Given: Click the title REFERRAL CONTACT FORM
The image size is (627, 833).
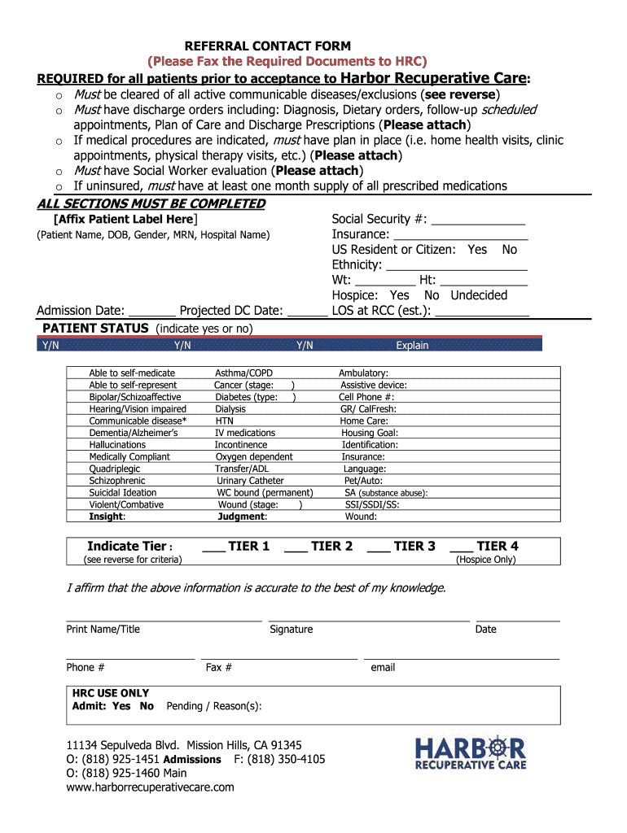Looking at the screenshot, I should (x=268, y=46).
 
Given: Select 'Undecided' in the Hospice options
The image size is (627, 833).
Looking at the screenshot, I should (x=479, y=295).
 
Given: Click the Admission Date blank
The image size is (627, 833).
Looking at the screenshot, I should (x=152, y=312).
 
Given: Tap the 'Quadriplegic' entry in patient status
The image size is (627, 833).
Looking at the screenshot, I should (x=115, y=469).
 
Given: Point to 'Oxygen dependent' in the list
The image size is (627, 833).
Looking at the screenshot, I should (x=254, y=457).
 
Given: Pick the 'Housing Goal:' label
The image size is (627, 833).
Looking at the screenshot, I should (x=369, y=434).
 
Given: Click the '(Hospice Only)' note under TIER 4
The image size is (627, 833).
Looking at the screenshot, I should (x=485, y=560).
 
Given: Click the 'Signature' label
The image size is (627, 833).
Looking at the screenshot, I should (x=291, y=629).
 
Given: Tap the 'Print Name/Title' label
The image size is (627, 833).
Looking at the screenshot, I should (x=103, y=629).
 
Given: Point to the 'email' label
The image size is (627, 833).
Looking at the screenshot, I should (x=383, y=667).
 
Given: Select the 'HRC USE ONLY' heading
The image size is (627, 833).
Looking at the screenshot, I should (x=111, y=693).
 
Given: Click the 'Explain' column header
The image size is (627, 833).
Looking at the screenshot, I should (x=412, y=345).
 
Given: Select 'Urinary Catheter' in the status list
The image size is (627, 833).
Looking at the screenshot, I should (x=250, y=481).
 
